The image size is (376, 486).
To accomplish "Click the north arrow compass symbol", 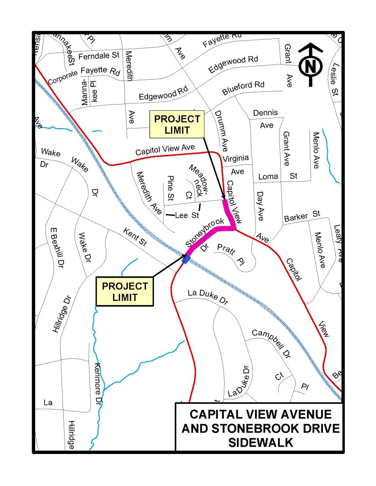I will (311, 65).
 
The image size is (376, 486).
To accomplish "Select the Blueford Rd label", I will (243, 89).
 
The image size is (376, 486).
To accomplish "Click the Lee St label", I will (187, 215).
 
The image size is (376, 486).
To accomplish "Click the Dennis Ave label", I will (266, 118).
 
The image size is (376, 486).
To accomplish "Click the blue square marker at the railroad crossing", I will (186, 260).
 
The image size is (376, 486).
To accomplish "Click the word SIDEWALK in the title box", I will (261, 442).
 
